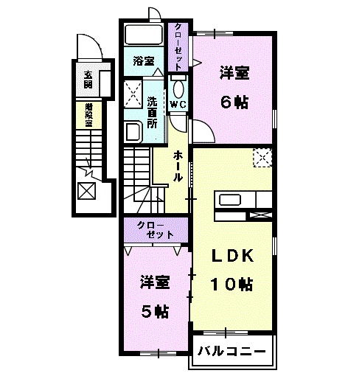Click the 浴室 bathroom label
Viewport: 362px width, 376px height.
click(x=144, y=61)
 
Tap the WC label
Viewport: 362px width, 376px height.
click(x=178, y=105)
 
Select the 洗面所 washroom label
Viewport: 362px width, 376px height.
click(x=152, y=113)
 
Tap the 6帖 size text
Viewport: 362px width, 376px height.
click(x=234, y=102)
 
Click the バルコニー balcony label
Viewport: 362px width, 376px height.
click(x=231, y=352)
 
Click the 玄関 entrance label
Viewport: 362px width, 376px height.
click(x=88, y=79)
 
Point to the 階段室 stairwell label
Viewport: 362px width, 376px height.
click(x=88, y=116)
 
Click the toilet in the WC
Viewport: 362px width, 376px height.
click(x=178, y=89)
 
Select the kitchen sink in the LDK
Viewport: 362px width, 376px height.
click(x=229, y=199)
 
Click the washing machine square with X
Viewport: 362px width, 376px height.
click(x=133, y=92)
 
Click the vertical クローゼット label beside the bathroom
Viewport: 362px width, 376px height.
click(x=178, y=46)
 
